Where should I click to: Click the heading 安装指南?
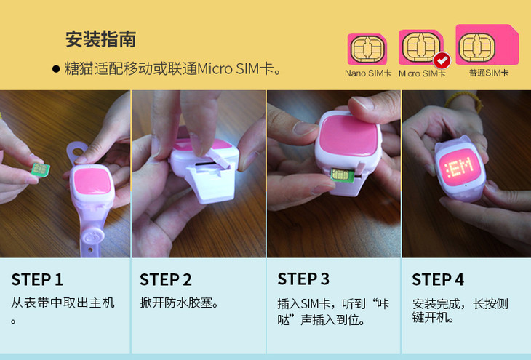[x=101, y=39]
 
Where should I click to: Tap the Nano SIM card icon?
[x=367, y=49]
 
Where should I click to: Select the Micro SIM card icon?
[x=421, y=47]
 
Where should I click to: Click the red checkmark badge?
[x=442, y=61]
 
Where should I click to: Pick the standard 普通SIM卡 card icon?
[x=487, y=44]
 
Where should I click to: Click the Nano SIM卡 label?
[x=368, y=73]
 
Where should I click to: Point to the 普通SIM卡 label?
[x=489, y=73]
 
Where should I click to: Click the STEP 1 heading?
[x=37, y=280]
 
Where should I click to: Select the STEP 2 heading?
[x=166, y=280]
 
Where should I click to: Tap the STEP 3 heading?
[x=303, y=279]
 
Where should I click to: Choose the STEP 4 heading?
[x=438, y=280]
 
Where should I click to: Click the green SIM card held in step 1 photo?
[x=40, y=169]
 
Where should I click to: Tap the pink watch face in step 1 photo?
[x=92, y=181]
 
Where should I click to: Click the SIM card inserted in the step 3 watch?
[x=342, y=175]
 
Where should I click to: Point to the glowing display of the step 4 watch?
[x=460, y=167]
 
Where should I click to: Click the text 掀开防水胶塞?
[x=179, y=303]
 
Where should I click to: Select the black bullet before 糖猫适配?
[x=56, y=69]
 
